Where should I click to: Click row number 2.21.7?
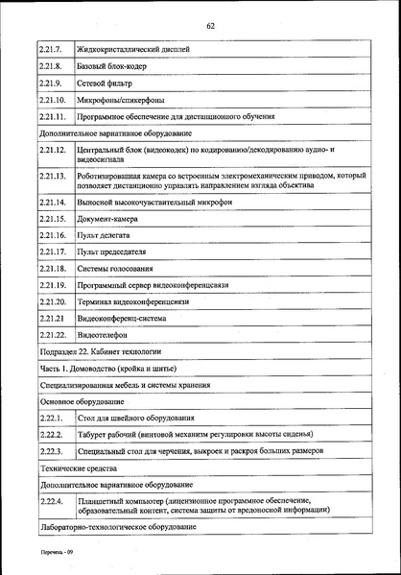[50, 48]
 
